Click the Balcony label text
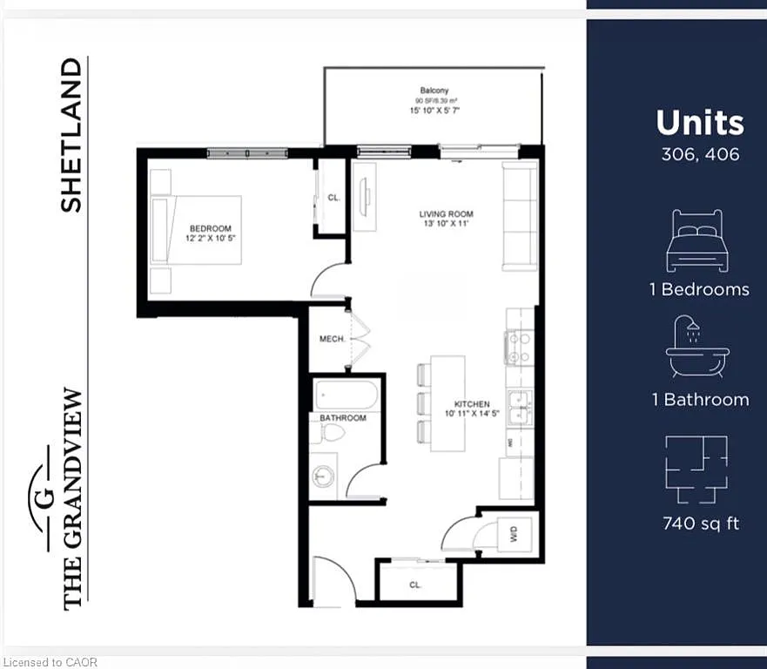point(434,91)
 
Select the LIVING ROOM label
point(446,214)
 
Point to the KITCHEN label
point(472,404)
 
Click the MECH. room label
point(332,339)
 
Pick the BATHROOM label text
point(343,418)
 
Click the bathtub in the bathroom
point(346,396)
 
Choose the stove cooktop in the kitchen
point(520,348)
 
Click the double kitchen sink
point(521,404)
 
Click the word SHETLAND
point(71,135)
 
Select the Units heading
point(700,123)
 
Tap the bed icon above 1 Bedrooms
point(696,240)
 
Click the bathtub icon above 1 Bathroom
point(697,348)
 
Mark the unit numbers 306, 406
point(699,155)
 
